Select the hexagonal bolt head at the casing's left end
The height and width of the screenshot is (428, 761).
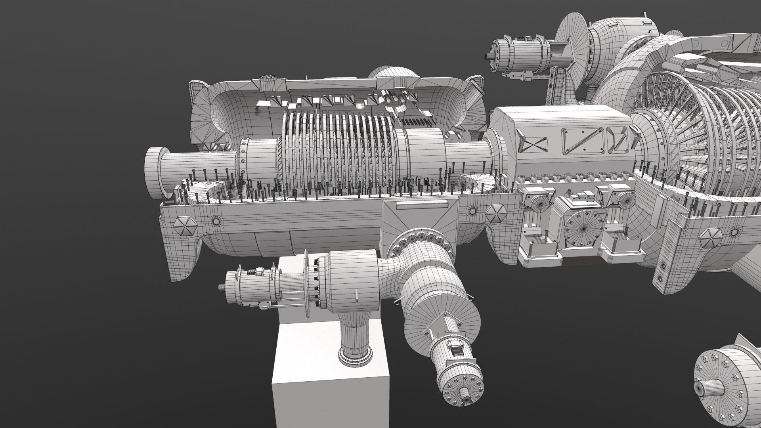pos(185,226)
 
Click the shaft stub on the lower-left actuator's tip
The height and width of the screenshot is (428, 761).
pos(221,286)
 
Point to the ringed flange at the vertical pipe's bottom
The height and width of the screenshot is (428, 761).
pos(355,354)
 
